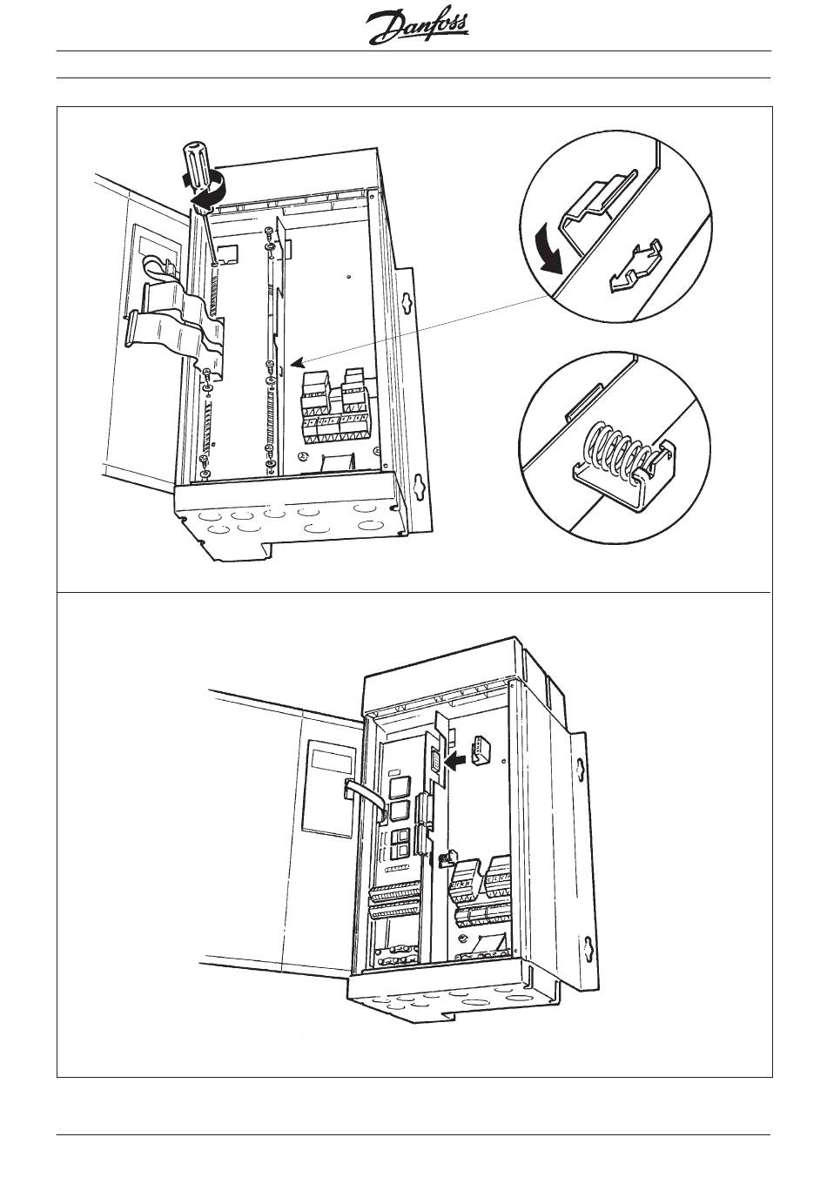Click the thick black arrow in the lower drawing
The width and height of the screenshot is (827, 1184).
[454, 759]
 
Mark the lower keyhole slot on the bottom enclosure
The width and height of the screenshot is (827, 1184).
[588, 945]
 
